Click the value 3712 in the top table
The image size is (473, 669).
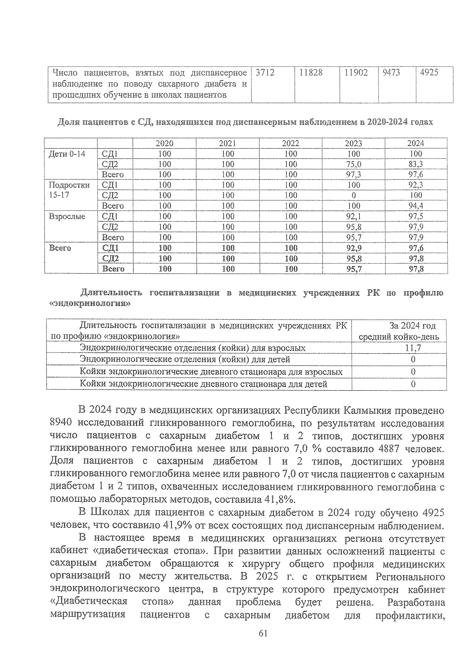pyautogui.click(x=264, y=73)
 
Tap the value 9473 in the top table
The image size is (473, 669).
pyautogui.click(x=391, y=73)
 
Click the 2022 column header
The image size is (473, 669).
pyautogui.click(x=291, y=143)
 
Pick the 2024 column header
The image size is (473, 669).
pyautogui.click(x=415, y=143)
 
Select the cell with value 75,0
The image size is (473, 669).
pyautogui.click(x=354, y=164)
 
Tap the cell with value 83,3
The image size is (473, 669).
pyautogui.click(x=415, y=164)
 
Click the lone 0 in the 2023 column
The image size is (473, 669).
pyautogui.click(x=354, y=196)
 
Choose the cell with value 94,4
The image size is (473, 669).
pyautogui.click(x=415, y=206)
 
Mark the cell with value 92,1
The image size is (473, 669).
pyautogui.click(x=354, y=216)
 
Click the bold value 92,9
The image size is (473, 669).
pyautogui.click(x=354, y=248)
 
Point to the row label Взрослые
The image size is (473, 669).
pyautogui.click(x=67, y=216)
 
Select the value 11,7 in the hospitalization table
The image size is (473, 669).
pyautogui.click(x=413, y=348)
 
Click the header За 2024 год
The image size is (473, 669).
pyautogui.click(x=412, y=326)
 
